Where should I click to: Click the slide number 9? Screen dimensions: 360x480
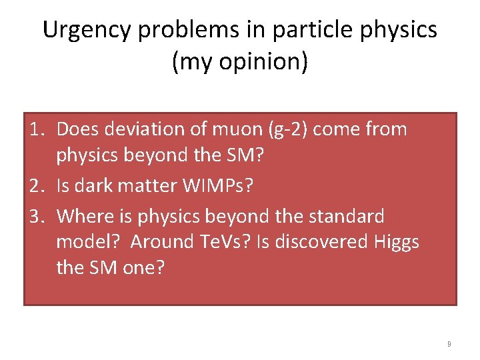point(449,344)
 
